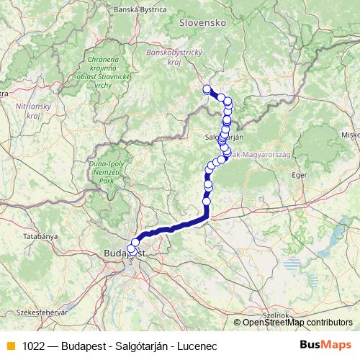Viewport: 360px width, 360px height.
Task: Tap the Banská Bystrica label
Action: coord(140,10)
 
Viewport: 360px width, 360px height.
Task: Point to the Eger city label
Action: coord(300,175)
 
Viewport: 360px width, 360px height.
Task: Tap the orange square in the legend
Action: coord(9,346)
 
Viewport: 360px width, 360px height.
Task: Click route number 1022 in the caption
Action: coord(33,346)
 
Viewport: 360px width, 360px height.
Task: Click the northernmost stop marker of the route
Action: coord(207,89)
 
